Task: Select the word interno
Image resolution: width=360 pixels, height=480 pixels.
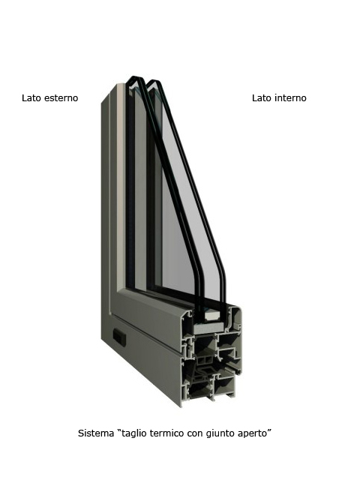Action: point(291,98)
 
